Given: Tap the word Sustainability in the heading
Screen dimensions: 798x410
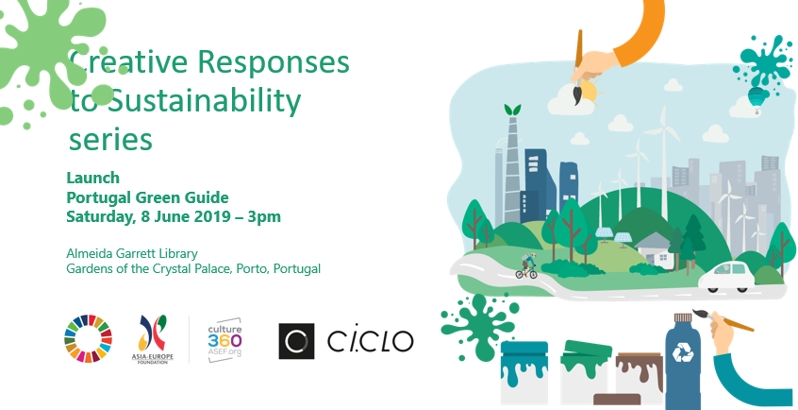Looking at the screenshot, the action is click(205, 102).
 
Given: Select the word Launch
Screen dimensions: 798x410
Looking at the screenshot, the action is click(93, 178).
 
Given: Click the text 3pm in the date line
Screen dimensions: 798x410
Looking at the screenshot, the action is click(264, 216).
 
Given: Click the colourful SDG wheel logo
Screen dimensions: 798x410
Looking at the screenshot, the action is click(88, 338).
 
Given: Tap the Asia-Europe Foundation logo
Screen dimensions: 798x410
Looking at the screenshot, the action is click(153, 339).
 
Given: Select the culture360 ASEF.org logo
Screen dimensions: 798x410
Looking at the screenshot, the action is click(224, 340).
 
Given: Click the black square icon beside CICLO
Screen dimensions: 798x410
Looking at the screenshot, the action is click(296, 341).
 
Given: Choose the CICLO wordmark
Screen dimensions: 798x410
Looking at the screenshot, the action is click(370, 341).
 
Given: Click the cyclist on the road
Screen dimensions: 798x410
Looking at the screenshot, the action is click(526, 267).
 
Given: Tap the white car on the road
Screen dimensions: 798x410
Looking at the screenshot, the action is click(726, 278).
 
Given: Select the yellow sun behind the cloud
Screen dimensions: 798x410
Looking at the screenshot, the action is click(590, 91).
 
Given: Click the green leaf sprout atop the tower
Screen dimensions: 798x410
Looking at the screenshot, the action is click(512, 110).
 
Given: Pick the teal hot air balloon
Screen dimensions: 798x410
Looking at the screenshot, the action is click(756, 99).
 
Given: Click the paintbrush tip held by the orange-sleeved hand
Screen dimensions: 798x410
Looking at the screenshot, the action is click(577, 95).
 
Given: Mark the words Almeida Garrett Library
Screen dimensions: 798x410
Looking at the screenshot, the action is click(132, 253).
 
